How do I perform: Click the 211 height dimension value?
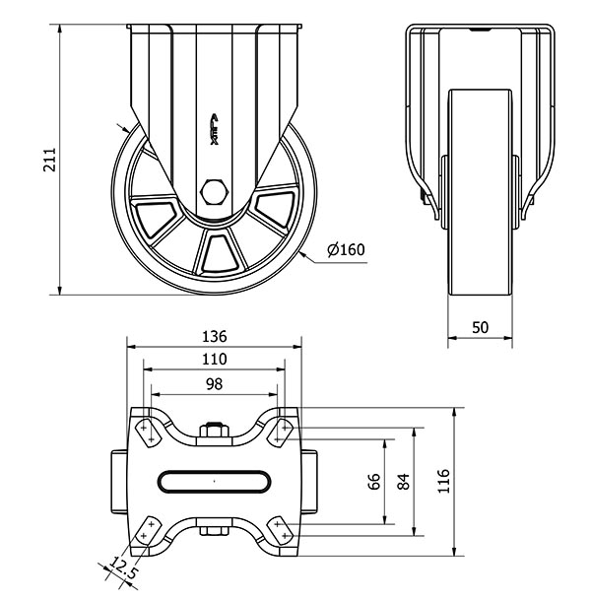(50, 159)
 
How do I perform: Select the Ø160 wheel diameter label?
(346, 249)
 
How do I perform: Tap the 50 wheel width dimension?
(481, 328)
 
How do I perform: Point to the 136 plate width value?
(215, 336)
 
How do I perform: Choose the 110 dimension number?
(215, 360)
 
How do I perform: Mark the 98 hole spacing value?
(215, 384)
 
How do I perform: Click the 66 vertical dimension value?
(374, 482)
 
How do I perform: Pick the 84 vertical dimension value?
(404, 482)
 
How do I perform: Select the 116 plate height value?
(443, 481)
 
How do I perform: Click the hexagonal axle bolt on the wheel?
(215, 192)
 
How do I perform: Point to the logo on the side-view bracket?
(215, 129)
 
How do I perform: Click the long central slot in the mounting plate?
(215, 481)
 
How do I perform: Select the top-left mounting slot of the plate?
(148, 433)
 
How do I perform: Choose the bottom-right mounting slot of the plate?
(281, 529)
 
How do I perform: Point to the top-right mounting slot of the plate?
(281, 433)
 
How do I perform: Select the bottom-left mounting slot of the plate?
(148, 529)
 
